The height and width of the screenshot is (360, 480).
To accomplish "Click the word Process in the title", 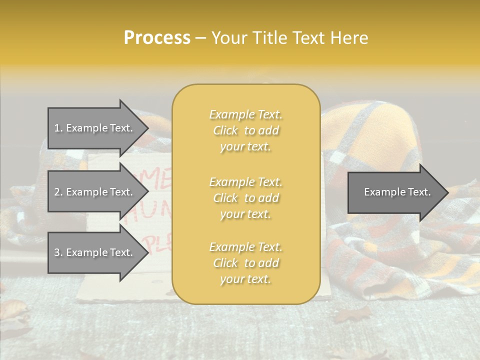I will click(x=157, y=37).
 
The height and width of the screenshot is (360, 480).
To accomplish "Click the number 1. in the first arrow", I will click(x=58, y=128).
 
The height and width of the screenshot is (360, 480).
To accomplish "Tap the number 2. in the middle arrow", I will click(x=58, y=192).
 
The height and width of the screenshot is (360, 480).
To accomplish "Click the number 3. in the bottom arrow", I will click(x=58, y=252).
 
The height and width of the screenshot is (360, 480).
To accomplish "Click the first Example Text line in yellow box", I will click(x=245, y=114).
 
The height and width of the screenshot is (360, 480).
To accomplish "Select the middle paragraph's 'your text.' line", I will click(x=245, y=214).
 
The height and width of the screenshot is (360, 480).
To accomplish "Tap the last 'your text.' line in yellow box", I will click(x=245, y=279).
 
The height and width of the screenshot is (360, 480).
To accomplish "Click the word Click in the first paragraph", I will click(x=225, y=130).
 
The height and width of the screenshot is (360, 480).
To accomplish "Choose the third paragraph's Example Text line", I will click(x=245, y=247).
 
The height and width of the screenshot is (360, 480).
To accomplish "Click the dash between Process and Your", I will click(x=200, y=38).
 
